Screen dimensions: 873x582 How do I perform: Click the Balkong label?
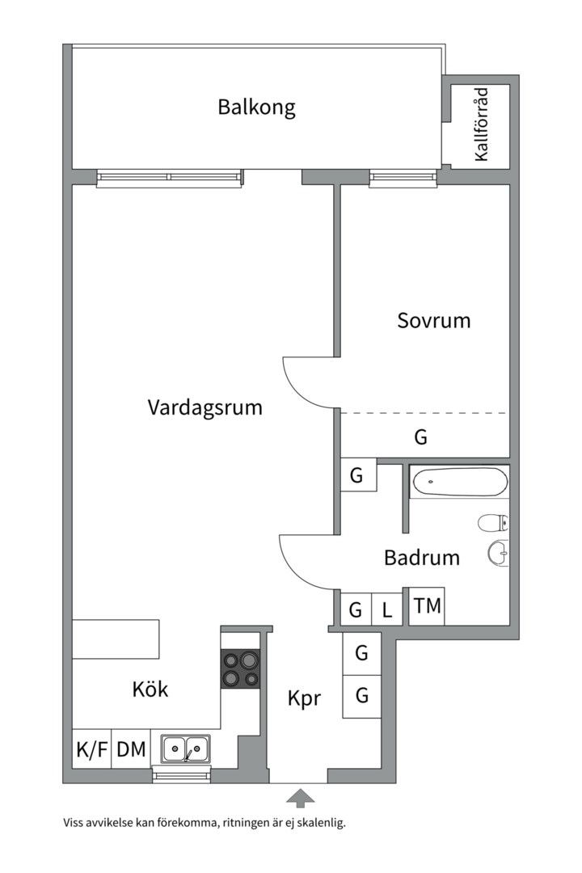[x=256, y=107]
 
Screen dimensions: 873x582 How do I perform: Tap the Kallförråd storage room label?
[x=482, y=126]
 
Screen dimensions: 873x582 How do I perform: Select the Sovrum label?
[x=433, y=320]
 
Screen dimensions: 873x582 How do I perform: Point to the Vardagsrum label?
[x=205, y=407]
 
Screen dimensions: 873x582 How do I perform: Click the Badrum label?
[x=421, y=557]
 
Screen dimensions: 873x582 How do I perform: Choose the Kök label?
[x=150, y=689]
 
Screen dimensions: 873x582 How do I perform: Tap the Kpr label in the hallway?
[x=304, y=697]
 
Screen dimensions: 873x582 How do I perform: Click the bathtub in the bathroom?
[x=459, y=483]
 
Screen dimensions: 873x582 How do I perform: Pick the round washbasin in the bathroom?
[x=497, y=553]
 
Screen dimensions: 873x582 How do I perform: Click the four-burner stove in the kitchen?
[x=241, y=668]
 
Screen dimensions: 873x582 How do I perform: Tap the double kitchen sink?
[x=185, y=749]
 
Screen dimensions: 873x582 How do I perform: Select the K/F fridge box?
[x=91, y=749]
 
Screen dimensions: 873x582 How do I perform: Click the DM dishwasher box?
[x=131, y=749]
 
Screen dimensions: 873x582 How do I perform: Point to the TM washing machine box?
[x=427, y=605]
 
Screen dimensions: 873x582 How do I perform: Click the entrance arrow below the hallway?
[x=300, y=799]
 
